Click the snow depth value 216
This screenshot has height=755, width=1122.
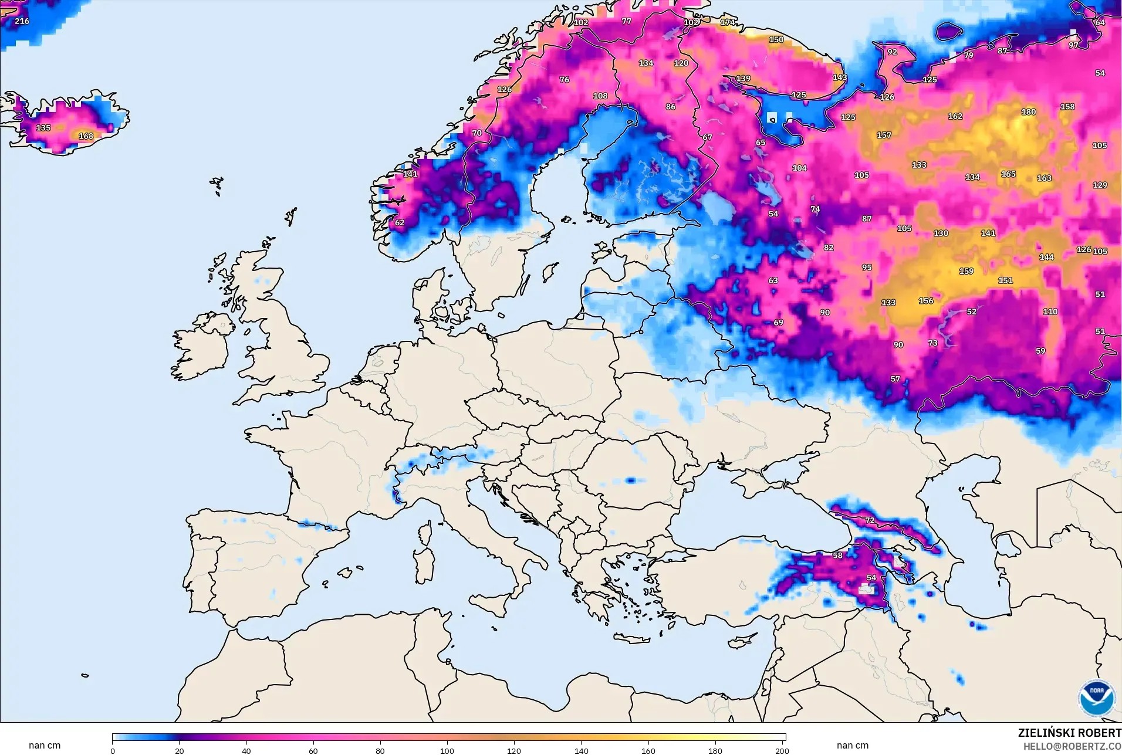tap(22, 21)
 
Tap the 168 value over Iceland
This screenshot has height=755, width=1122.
tap(86, 136)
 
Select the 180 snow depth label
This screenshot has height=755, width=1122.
tap(1028, 112)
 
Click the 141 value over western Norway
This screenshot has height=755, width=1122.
tap(410, 174)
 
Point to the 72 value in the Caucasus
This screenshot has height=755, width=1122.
tap(870, 520)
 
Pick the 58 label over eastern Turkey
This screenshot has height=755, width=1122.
tap(837, 556)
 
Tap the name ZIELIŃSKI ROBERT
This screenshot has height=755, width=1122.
tap(1069, 733)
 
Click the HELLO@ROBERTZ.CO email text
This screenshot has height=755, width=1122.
tap(1072, 747)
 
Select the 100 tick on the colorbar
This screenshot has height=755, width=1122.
tap(447, 751)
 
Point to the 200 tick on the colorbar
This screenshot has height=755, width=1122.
tap(782, 751)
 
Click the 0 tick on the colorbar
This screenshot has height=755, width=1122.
tap(113, 751)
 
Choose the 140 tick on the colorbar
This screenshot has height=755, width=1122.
tap(581, 751)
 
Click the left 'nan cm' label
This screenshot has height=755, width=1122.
tap(45, 746)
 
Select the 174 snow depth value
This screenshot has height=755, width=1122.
tap(728, 22)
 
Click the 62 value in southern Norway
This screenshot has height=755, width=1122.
tap(400, 223)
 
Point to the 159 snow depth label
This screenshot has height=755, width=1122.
tap(966, 272)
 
